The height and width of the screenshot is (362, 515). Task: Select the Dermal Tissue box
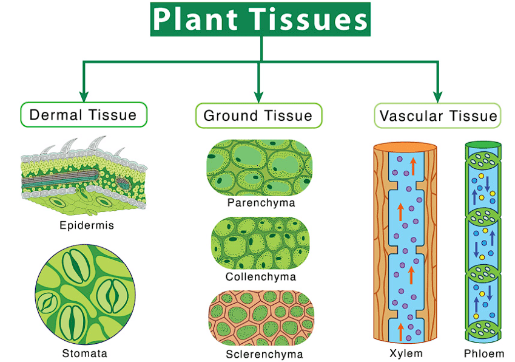pyautogui.click(x=83, y=115)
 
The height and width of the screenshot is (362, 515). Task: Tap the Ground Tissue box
pyautogui.click(x=258, y=115)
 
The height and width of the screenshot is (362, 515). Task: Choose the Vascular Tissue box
pyautogui.click(x=437, y=115)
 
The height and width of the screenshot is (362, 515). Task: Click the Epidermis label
pyautogui.click(x=87, y=225)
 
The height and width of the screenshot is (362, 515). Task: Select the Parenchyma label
pyautogui.click(x=261, y=203)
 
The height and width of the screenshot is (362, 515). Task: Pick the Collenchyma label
pyautogui.click(x=261, y=277)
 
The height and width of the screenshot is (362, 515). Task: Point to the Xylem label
pyautogui.click(x=406, y=353)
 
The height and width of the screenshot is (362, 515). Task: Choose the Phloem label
pyautogui.click(x=484, y=353)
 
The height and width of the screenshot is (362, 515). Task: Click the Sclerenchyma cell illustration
pyautogui.click(x=261, y=318)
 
